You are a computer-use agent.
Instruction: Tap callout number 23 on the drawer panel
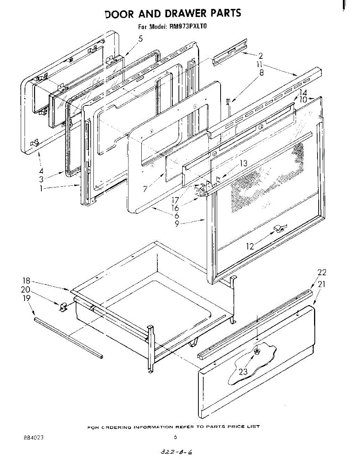click(244, 371)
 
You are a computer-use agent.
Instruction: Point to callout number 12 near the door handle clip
click(250, 246)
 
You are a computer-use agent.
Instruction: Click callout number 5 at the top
click(141, 39)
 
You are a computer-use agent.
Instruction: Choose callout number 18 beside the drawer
click(26, 281)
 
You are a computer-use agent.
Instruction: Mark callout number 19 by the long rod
click(26, 298)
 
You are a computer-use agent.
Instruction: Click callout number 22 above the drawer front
click(322, 273)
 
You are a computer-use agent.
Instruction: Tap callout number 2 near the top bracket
click(260, 55)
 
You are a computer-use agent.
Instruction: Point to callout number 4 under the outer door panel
click(41, 171)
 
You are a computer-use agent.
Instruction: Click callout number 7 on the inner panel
click(145, 189)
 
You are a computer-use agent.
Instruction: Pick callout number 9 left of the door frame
click(177, 223)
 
